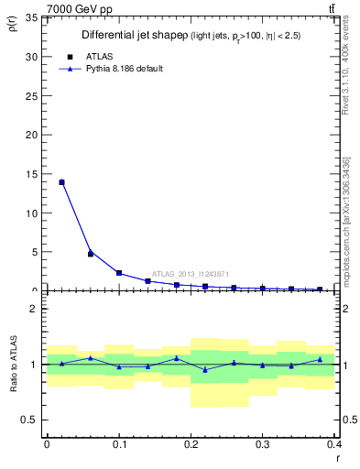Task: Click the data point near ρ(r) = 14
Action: click(61, 182)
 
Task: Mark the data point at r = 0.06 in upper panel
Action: click(90, 253)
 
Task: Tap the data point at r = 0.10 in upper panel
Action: click(119, 272)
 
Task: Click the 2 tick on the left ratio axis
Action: click(36, 309)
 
